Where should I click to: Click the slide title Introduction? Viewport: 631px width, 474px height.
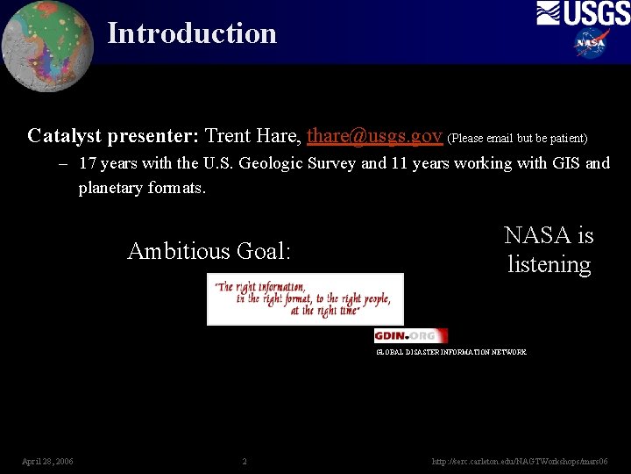pos(191,33)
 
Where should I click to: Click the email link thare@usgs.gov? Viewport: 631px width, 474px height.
pos(374,136)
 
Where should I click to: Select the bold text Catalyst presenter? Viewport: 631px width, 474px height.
pos(113,136)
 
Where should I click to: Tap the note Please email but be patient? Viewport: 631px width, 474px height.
pos(517,138)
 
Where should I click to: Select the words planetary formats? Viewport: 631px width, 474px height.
pos(142,188)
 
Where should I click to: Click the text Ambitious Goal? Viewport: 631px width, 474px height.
pos(209,251)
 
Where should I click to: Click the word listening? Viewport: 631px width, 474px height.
pos(549,264)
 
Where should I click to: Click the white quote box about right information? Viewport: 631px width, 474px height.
pos(305,299)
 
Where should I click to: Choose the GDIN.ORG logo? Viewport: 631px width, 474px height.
pos(410,335)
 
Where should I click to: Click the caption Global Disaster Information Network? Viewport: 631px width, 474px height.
pos(451,352)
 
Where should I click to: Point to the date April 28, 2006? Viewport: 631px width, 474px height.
pos(47,461)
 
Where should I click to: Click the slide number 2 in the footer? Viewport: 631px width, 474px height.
pos(245,461)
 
